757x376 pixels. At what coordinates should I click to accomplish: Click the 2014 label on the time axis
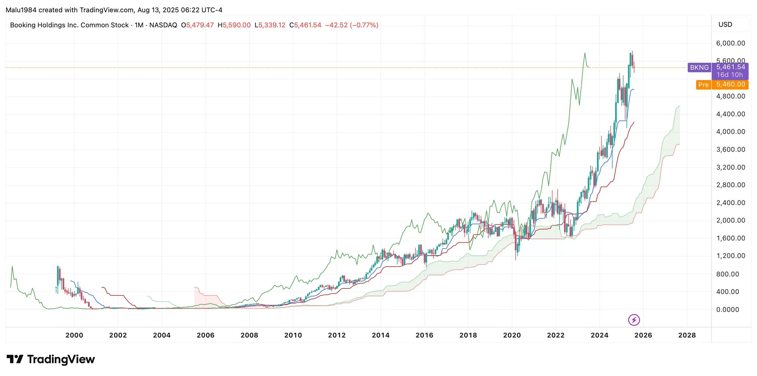pos(380,335)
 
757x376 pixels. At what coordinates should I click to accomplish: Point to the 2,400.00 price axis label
pos(730,203)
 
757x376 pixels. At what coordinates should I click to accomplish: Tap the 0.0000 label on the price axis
pos(727,309)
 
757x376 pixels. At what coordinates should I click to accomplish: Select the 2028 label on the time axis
pos(687,335)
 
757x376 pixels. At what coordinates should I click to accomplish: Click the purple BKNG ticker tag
pos(699,68)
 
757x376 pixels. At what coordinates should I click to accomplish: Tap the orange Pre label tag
pos(703,85)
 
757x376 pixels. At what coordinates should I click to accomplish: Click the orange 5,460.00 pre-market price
pos(730,85)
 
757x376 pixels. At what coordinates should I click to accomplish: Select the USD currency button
pos(725,25)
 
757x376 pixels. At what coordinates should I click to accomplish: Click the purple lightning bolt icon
pos(634,320)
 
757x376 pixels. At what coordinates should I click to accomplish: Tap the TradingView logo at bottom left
pos(51,359)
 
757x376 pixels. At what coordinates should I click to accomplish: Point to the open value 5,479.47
pos(200,25)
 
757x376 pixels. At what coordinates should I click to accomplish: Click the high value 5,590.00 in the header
pos(237,25)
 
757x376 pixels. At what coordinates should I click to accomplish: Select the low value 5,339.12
pos(272,25)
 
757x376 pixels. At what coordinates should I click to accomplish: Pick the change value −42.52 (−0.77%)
pos(351,25)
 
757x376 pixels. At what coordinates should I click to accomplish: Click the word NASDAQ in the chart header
pos(163,25)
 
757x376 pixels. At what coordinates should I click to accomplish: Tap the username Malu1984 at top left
pos(21,10)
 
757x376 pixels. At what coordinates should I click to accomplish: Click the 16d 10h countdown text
pos(729,75)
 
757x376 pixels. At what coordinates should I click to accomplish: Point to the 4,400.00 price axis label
pos(730,114)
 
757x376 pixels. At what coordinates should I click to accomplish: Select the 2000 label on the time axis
pos(74,335)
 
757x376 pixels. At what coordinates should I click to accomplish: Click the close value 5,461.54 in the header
pos(307,25)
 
